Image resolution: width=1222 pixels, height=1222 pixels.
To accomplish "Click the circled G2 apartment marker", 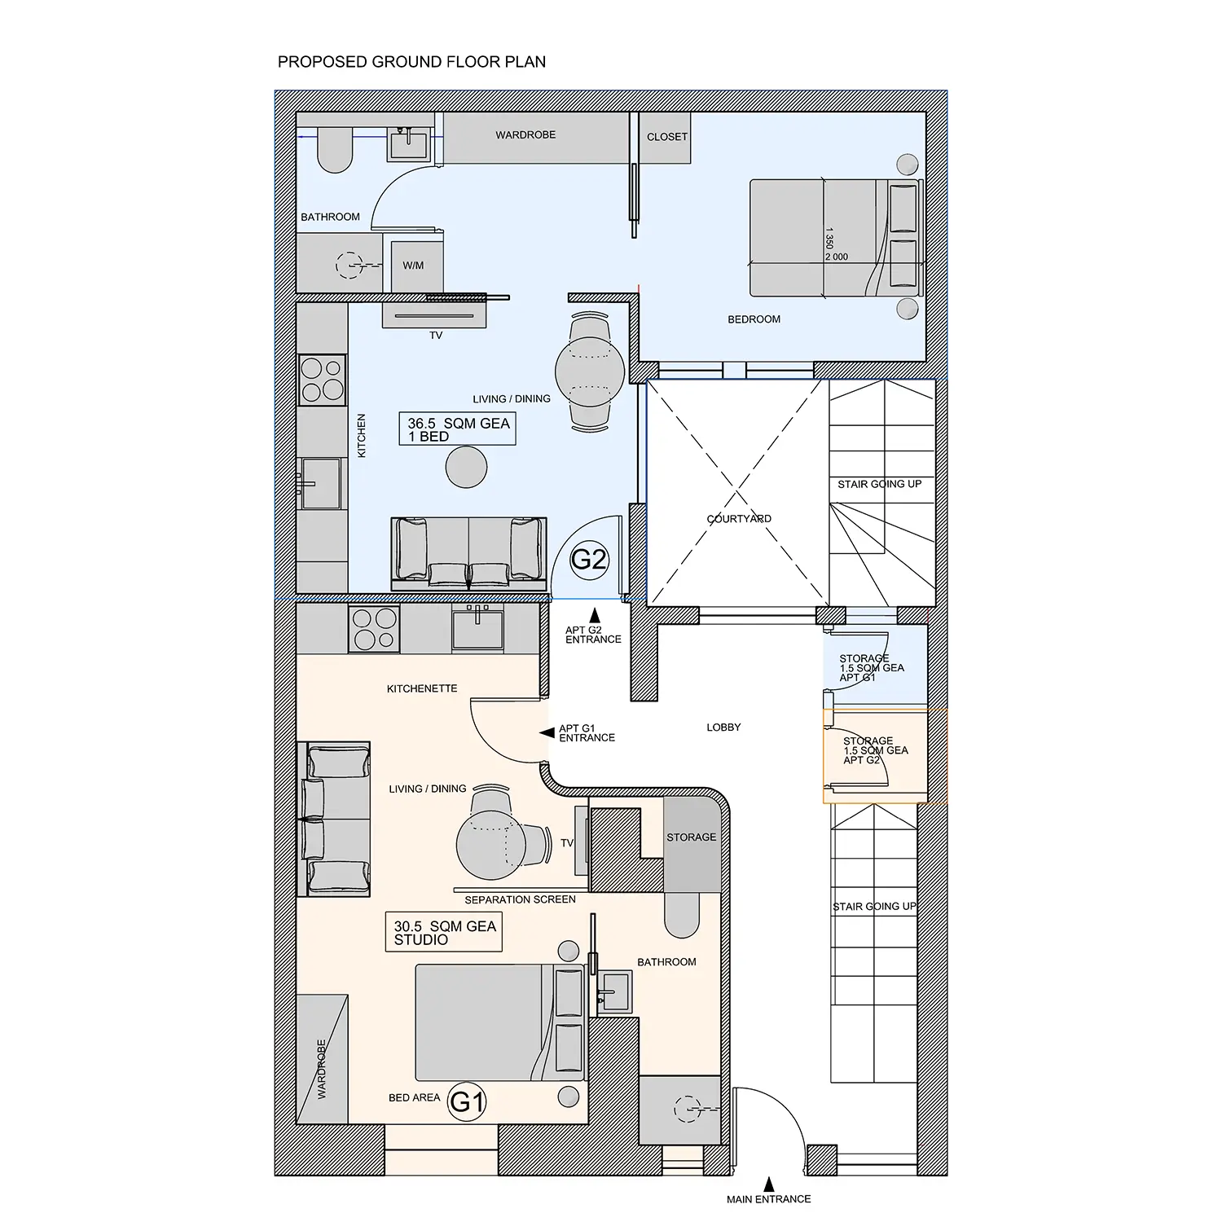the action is click(x=589, y=560).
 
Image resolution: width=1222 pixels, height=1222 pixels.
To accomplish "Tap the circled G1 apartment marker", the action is click(x=468, y=1101).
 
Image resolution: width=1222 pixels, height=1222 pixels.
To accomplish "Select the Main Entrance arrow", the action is click(x=768, y=1185).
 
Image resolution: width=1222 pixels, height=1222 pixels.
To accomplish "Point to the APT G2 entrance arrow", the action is click(x=596, y=616).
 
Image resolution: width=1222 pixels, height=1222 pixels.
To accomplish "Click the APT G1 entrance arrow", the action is click(x=547, y=733).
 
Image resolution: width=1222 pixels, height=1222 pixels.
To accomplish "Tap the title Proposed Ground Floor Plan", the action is click(x=411, y=62).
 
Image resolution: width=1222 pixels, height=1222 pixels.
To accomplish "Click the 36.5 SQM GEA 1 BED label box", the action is click(x=457, y=429).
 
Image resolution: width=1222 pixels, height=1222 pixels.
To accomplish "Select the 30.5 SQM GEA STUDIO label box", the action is click(x=444, y=932).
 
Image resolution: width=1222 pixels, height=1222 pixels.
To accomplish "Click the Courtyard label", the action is click(x=739, y=519).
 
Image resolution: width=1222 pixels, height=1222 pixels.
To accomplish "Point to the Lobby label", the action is click(x=723, y=727).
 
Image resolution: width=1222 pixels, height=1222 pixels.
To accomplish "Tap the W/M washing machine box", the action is click(x=413, y=266).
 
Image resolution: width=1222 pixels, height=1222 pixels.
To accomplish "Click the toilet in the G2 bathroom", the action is click(x=334, y=150).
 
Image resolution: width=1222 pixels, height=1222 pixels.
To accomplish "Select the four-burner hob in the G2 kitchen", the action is click(x=323, y=380).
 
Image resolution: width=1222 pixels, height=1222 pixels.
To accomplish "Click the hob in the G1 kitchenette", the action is click(x=374, y=629).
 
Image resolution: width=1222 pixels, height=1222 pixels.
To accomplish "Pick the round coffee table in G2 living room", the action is click(x=467, y=468).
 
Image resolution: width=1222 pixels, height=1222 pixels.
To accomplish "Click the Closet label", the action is click(x=667, y=137).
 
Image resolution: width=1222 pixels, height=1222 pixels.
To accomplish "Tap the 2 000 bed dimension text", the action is click(x=837, y=257).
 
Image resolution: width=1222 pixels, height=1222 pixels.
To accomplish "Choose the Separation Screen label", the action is click(x=520, y=899).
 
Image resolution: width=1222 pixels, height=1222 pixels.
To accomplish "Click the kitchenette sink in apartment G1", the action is click(x=478, y=628).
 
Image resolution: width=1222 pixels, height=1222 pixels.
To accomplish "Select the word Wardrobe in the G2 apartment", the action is click(x=525, y=134).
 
